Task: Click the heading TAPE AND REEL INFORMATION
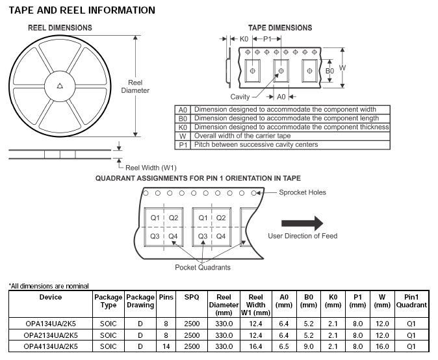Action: (81, 10)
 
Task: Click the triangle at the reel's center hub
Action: (60, 84)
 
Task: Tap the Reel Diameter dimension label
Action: (135, 86)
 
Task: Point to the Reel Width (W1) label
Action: (151, 168)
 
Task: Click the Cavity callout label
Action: (240, 96)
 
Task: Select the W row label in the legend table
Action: (183, 136)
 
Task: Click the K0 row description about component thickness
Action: (291, 127)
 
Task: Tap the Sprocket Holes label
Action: (303, 192)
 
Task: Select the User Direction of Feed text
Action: (303, 236)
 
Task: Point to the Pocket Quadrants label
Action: (202, 267)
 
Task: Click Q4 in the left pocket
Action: (173, 236)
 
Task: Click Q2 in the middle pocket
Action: (221, 218)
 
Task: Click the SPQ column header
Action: (192, 297)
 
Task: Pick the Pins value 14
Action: (166, 346)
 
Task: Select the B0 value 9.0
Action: (309, 346)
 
